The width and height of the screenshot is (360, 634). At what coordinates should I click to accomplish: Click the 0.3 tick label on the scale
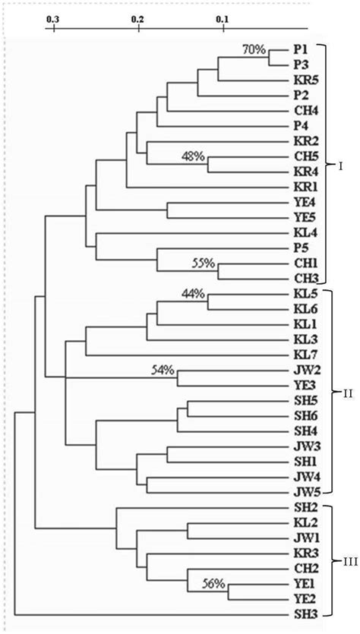point(52,16)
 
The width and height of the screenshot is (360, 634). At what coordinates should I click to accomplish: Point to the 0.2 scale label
point(137,16)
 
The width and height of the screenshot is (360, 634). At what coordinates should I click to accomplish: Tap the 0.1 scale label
point(223,16)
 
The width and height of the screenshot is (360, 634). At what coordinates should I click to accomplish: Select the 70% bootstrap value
point(254,50)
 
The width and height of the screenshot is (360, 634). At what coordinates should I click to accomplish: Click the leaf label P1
point(300,49)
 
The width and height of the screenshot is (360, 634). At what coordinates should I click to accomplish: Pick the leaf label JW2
point(302,371)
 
